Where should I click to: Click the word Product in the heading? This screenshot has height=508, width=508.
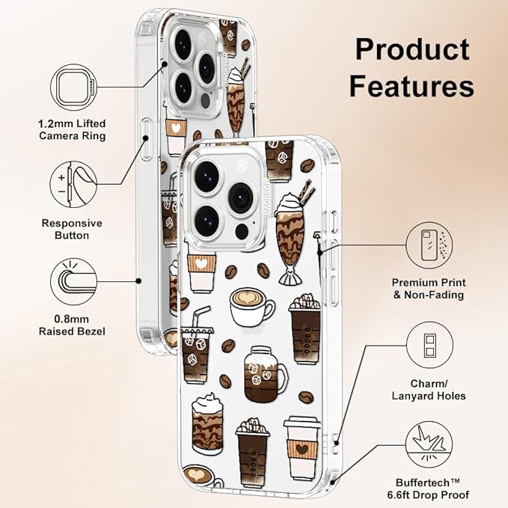tap(412, 49)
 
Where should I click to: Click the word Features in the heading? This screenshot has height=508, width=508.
tap(411, 85)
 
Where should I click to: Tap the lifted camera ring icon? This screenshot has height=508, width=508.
tap(74, 87)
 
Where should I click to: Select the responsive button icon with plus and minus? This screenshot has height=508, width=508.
tap(73, 185)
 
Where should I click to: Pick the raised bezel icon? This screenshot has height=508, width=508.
tap(74, 281)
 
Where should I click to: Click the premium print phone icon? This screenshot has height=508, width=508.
tap(429, 245)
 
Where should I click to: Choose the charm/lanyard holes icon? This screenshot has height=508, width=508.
tap(429, 345)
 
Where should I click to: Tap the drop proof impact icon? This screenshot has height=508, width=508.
tap(429, 444)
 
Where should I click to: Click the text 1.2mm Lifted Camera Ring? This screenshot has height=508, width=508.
tap(72, 129)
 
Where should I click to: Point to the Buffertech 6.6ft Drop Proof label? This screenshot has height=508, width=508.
tap(428, 489)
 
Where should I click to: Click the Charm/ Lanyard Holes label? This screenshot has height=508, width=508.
tap(429, 390)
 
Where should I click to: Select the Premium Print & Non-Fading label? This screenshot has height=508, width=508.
tap(429, 289)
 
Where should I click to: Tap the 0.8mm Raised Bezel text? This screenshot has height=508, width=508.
tap(72, 325)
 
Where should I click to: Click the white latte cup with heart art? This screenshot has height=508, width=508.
tap(251, 307)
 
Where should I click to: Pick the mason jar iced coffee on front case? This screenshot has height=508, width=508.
tap(265, 375)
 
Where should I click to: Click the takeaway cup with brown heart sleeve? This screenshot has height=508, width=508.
tap(302, 448)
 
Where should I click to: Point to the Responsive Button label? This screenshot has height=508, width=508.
tap(72, 229)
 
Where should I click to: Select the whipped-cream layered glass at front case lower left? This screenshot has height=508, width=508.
tap(207, 423)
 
